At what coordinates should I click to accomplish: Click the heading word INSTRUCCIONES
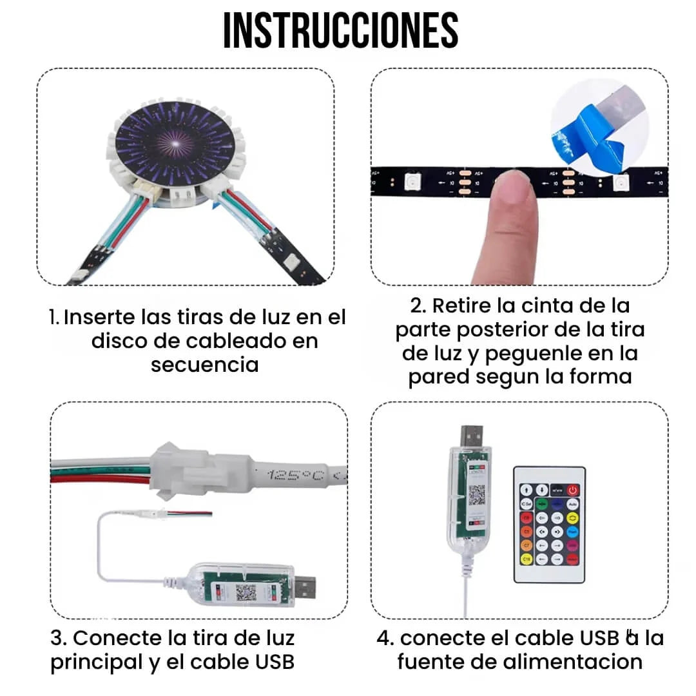tap(340, 30)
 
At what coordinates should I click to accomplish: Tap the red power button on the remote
tap(572, 490)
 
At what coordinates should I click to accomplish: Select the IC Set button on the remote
tap(526, 504)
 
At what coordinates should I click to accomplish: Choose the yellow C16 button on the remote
tap(526, 559)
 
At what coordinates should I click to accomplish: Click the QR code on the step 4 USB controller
tap(476, 495)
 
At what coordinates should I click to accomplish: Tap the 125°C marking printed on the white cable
tap(293, 476)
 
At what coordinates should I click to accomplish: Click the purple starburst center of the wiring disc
tap(173, 140)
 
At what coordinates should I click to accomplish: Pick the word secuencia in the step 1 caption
tap(205, 364)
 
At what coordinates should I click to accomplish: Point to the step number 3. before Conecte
tap(59, 638)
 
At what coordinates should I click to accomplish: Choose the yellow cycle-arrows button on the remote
tap(572, 517)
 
